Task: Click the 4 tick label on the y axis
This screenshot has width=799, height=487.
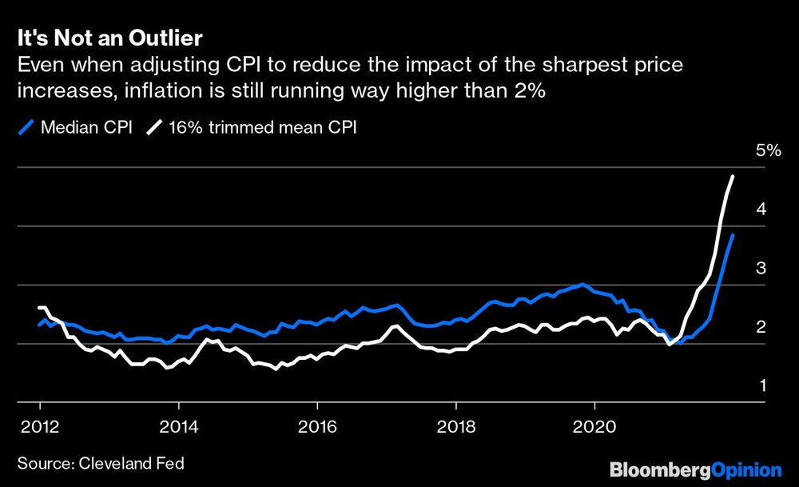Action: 761,209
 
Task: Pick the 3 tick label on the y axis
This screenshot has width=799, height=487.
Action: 761,268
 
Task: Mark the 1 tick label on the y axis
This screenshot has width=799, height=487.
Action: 761,385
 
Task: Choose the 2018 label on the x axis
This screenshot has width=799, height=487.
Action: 456,424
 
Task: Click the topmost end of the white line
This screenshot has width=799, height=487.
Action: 733,176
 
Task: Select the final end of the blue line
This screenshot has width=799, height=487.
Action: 733,235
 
